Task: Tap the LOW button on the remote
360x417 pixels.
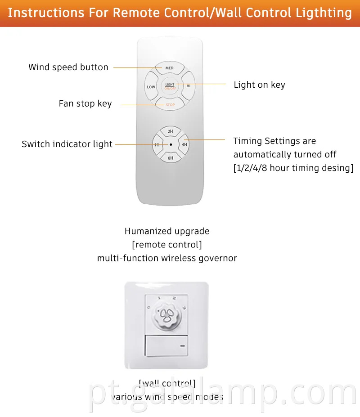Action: pos(151,87)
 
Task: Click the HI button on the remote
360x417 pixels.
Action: pos(189,85)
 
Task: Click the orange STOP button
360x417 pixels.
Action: pos(170,105)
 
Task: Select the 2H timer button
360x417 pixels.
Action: pos(170,131)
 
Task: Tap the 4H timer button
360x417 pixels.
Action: pos(184,145)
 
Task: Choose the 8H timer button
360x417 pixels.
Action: pos(170,158)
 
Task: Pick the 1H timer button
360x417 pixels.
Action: pos(157,145)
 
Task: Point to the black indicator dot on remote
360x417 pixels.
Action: pos(171,145)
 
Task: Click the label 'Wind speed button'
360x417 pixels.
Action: pos(68,67)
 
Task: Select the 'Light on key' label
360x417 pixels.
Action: pos(259,85)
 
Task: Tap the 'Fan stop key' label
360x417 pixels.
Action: pos(85,104)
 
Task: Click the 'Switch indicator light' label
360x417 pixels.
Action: pos(67,144)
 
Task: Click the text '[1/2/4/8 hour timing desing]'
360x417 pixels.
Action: pos(293,168)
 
